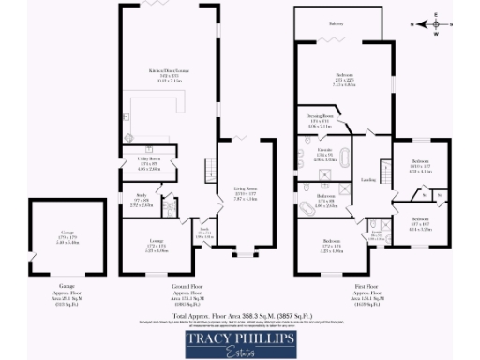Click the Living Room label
click(x=246, y=193)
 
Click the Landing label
click(x=367, y=179)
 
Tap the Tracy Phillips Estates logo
click(x=240, y=341)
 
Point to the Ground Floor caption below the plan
click(x=187, y=288)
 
